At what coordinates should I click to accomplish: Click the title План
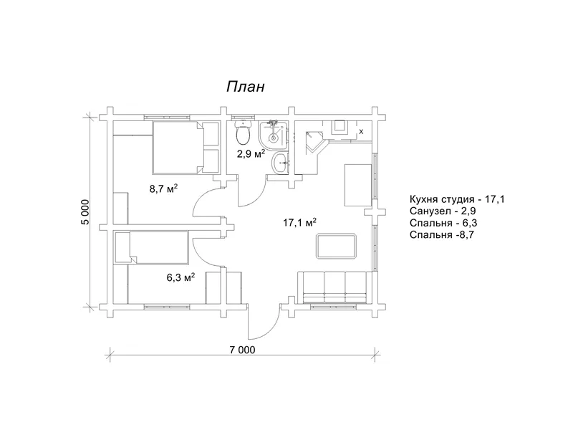(x=245, y=87)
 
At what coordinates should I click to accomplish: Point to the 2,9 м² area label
(x=251, y=153)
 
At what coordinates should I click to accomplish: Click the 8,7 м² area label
(x=163, y=188)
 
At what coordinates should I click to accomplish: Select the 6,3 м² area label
(x=180, y=277)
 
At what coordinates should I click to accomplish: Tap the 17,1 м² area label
(x=299, y=222)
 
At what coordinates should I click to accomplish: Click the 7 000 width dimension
(x=242, y=350)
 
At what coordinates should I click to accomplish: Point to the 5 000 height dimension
(x=85, y=212)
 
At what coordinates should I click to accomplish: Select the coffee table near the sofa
(x=336, y=247)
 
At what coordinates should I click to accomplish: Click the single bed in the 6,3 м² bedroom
(x=151, y=247)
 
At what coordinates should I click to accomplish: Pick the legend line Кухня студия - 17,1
(x=457, y=200)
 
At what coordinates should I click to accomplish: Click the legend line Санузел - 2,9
(x=443, y=211)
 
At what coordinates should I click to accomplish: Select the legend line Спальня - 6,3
(x=443, y=223)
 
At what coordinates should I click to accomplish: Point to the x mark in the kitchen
(x=362, y=131)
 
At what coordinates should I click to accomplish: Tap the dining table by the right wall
(x=358, y=185)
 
